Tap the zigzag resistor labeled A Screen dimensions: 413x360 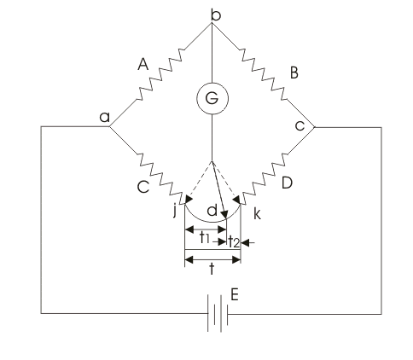[x=160, y=74]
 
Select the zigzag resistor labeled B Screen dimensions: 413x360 [x=263, y=74]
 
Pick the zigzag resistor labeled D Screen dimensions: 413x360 [x=264, y=179]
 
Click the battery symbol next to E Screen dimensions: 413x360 [x=218, y=314]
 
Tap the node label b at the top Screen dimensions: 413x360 [x=216, y=15]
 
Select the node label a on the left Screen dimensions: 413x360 [x=105, y=117]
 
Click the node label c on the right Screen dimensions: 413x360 [x=300, y=125]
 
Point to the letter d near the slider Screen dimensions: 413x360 [x=212, y=211]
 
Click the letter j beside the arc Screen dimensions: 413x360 [x=175, y=211]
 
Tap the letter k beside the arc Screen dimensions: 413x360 [x=257, y=213]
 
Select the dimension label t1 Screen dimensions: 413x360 [x=205, y=238]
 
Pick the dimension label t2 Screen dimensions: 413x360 [x=234, y=241]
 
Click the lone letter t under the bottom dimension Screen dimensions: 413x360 [x=212, y=269]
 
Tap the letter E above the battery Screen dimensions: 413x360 [x=235, y=294]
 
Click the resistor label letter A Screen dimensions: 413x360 [x=143, y=64]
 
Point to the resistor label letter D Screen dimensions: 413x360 [x=287, y=183]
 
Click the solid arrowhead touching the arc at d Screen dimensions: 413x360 [x=224, y=214]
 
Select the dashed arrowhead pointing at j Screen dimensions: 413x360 [x=189, y=199]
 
